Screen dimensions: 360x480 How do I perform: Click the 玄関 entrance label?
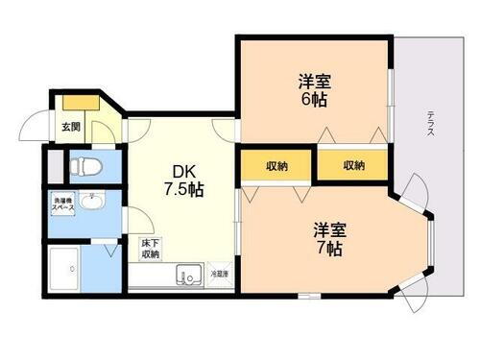point(70,127)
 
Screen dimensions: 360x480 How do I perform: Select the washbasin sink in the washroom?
point(92,204)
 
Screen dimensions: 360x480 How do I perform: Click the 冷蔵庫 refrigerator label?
point(221,274)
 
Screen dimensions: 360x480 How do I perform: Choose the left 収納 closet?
point(275,166)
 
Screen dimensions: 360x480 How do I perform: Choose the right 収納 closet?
point(353,166)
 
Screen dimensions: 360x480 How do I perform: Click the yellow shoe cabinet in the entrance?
point(81,102)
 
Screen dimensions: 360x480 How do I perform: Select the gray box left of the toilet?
point(55,164)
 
